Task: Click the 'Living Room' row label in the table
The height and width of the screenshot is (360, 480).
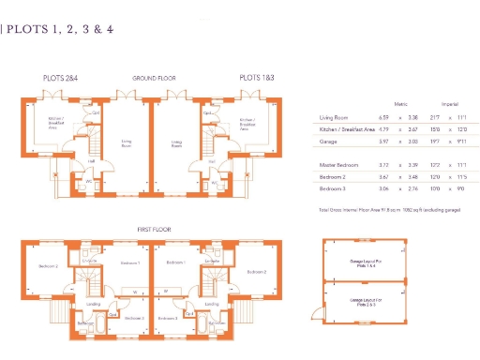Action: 335,118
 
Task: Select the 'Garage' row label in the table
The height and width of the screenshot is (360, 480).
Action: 328,140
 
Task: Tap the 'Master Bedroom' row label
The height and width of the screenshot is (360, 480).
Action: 338,164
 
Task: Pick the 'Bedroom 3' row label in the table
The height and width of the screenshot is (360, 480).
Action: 333,187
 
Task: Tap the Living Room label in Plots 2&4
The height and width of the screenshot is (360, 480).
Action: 126,144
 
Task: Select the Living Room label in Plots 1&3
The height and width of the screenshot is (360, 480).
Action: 176,144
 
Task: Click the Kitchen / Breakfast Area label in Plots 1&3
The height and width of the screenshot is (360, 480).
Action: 247,123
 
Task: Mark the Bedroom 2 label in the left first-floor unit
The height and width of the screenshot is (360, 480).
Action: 49,266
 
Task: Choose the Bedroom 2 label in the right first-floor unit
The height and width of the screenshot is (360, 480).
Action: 256,271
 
